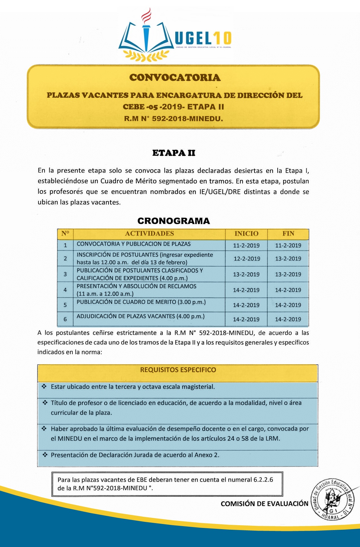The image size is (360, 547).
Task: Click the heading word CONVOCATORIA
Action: click(175, 78)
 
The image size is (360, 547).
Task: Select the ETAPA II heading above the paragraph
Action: click(174, 153)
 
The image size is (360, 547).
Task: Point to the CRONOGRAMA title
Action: click(173, 221)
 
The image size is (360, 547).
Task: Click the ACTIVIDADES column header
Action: click(150, 234)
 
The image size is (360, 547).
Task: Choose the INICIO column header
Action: click(246, 234)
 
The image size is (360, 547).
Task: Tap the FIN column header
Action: click(288, 234)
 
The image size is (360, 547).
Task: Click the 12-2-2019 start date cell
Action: click(247, 259)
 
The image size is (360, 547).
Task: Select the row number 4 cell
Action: click(65, 290)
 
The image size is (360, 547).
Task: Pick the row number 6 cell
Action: click(65, 319)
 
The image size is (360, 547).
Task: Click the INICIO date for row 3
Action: click(246, 274)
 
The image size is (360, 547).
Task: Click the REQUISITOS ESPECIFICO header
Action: click(178, 370)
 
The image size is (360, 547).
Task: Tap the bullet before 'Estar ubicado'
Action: click(45, 386)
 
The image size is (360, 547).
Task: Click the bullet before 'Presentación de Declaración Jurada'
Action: click(45, 455)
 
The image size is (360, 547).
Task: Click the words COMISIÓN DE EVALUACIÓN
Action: click(264, 504)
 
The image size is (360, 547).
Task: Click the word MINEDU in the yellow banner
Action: click(206, 119)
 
